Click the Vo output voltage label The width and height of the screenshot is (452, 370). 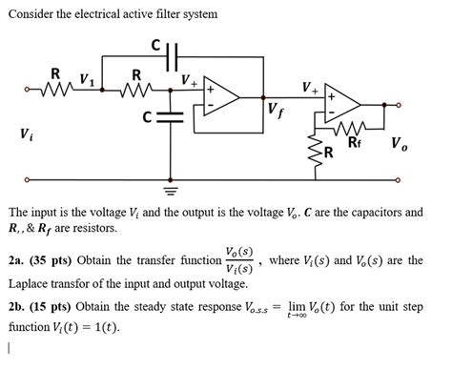click(x=401, y=146)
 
